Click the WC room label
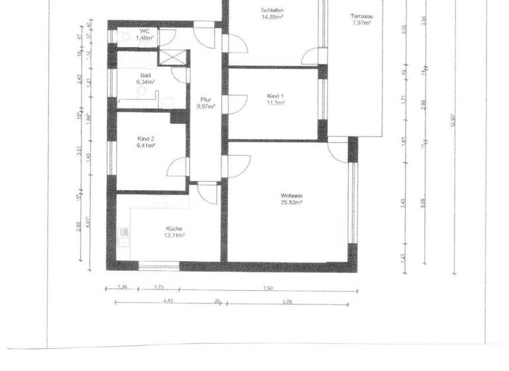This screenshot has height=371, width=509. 144,31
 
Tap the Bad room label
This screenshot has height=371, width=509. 146,76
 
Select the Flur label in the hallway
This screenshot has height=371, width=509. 205,99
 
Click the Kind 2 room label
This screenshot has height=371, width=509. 145,138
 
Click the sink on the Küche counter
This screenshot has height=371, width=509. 123,233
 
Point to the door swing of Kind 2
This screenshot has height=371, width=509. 178,167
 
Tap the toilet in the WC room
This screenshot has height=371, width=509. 123,37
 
